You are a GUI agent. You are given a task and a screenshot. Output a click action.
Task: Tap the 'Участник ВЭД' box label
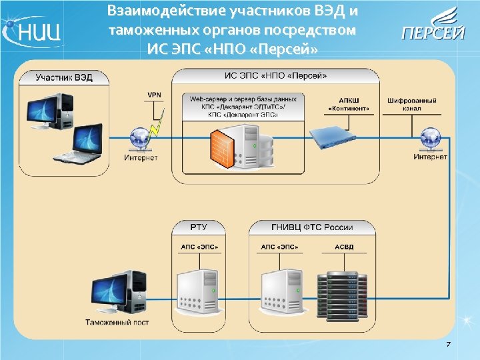64,77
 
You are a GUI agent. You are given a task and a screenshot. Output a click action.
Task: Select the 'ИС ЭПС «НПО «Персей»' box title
275,76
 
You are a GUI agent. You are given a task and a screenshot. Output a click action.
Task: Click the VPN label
154,95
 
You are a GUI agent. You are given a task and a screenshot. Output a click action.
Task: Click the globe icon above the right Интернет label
429,139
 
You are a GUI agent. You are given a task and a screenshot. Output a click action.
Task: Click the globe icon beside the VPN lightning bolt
140,139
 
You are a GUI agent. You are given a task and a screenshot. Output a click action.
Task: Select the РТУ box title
199,227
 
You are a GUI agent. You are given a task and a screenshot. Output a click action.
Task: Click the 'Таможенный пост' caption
117,323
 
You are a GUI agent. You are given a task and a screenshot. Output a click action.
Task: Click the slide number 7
448,344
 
